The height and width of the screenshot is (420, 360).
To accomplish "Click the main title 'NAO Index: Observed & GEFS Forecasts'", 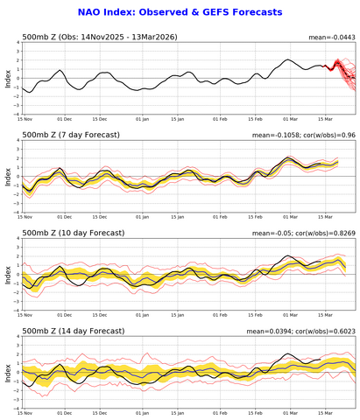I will [180, 13].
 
